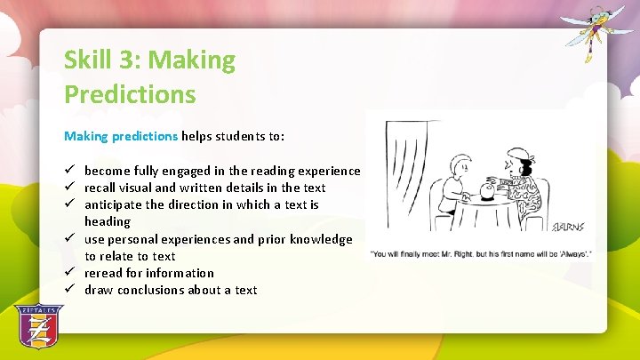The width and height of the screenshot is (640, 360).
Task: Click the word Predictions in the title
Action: (130, 94)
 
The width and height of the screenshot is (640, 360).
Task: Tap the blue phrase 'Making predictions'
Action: (121, 137)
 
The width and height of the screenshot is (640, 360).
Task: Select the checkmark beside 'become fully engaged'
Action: (68, 171)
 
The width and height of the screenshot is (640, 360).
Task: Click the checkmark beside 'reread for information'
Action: (68, 273)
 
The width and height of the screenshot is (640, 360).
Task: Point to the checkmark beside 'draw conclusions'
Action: (68, 290)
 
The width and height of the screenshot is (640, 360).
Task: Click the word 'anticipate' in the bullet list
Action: (115, 204)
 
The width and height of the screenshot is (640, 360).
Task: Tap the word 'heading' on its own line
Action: (107, 221)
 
